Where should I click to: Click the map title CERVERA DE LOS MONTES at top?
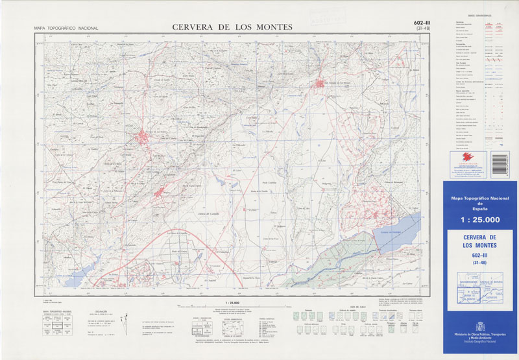pos(232,27)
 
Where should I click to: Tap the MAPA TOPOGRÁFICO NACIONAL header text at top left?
pos(66,29)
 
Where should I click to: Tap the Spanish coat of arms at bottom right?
pos(479,324)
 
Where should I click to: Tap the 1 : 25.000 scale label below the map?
pos(232,302)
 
